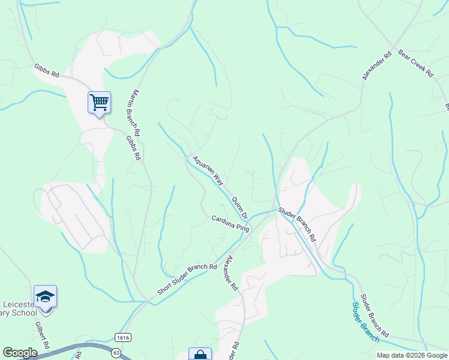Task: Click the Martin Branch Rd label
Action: tap(134, 112)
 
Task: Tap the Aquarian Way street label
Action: tap(208, 170)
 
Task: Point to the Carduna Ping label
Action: tap(230, 224)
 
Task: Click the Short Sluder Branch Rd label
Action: tap(187, 279)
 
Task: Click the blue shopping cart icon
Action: tap(99, 101)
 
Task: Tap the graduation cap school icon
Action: tap(45, 296)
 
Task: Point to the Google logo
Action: tap(20, 353)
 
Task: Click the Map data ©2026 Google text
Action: tap(412, 355)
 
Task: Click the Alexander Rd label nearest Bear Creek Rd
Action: tap(377, 65)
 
